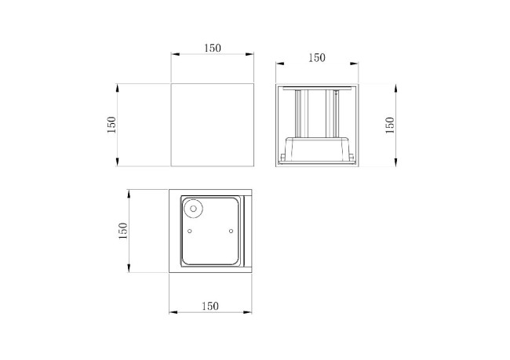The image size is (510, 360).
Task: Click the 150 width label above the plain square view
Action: [213, 48]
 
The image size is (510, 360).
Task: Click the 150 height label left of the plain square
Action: [111, 125]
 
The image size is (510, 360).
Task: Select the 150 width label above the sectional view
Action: [317, 58]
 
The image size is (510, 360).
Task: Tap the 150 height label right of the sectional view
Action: [390, 125]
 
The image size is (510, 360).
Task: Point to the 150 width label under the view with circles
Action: [210, 307]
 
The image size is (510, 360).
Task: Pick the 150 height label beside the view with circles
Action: [123, 231]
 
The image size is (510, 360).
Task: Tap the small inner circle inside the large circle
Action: [193, 209]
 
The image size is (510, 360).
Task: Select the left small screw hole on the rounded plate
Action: [190, 231]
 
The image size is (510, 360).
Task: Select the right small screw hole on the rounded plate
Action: [231, 231]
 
